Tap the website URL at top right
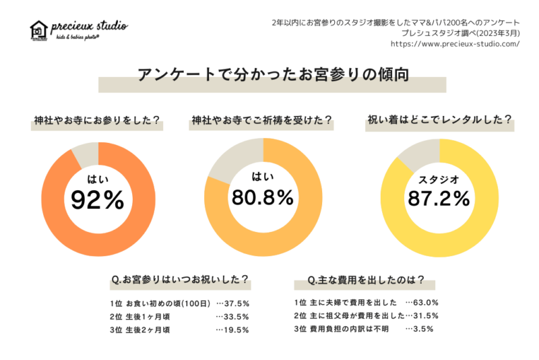point(455,44)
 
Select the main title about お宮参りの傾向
point(272,74)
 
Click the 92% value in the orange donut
point(98,200)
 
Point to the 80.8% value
point(263,197)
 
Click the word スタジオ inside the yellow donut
point(439,179)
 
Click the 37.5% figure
point(236,303)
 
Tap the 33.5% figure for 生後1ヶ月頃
point(236,316)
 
